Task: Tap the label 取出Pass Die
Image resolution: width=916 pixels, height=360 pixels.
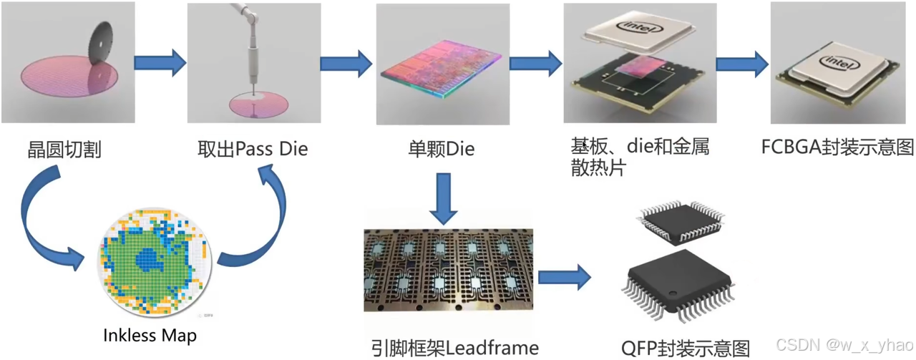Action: pos(253,150)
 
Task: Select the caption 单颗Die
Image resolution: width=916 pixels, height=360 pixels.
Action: pos(441,150)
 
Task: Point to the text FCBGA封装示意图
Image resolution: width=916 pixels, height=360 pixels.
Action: pos(838,148)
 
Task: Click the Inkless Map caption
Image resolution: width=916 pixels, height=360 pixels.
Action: pos(150,335)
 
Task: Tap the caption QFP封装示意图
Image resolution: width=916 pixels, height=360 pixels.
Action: pos(686,348)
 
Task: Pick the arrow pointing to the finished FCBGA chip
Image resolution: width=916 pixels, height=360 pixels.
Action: pos(742,64)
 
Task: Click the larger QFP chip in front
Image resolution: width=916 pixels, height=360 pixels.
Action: pos(681,286)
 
